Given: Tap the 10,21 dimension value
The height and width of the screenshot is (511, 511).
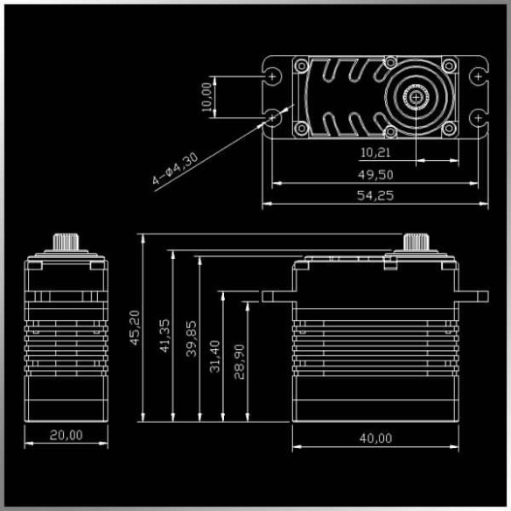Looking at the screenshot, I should click(374, 151).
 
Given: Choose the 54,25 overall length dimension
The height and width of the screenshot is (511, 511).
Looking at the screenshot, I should click(374, 195).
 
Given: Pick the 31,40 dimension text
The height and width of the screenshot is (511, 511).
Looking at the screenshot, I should click(215, 360).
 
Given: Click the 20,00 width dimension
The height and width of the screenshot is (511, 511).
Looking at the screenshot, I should click(66, 435).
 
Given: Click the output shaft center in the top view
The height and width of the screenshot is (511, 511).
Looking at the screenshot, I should click(415, 97).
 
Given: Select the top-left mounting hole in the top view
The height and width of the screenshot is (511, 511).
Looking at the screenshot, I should click(274, 77).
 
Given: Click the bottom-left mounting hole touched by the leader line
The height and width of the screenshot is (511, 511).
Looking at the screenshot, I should click(274, 116).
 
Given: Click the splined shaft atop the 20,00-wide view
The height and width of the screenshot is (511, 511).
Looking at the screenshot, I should click(66, 241).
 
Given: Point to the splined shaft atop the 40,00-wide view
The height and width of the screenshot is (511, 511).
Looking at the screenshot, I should click(415, 241).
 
